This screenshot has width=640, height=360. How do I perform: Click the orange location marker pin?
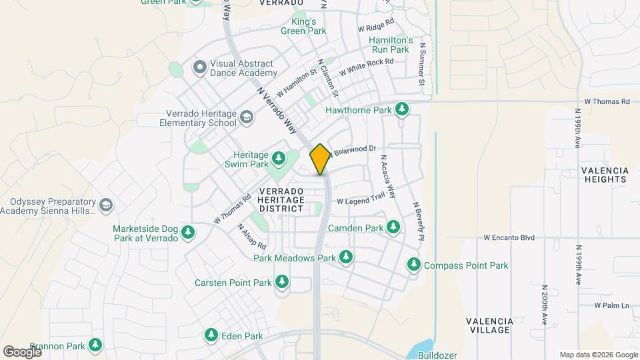(321, 159)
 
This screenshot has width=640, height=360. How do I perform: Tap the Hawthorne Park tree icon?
(401, 109)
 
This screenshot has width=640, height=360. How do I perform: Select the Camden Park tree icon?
(394, 228)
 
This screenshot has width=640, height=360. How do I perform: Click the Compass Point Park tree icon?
(414, 265)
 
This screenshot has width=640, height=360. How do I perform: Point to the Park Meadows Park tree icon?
(345, 257)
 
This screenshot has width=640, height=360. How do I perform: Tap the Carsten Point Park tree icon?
(282, 283)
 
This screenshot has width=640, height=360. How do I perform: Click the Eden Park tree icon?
(211, 334)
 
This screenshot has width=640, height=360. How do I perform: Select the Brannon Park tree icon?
(96, 345)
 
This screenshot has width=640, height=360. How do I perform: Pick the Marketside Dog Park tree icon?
(189, 232)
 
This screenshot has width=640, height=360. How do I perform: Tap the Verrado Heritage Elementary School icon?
(247, 118)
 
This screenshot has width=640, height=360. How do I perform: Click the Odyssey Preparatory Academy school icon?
(105, 204)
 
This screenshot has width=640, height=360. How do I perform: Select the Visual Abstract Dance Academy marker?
(199, 67)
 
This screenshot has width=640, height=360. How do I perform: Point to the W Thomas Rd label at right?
(607, 101)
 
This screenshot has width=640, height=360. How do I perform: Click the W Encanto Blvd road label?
(509, 237)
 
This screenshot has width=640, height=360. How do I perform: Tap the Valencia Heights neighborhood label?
(605, 175)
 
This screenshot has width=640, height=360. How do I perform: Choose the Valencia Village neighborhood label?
(489, 325)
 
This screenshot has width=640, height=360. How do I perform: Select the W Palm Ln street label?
(612, 305)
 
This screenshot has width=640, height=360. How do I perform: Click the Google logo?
(22, 351)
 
